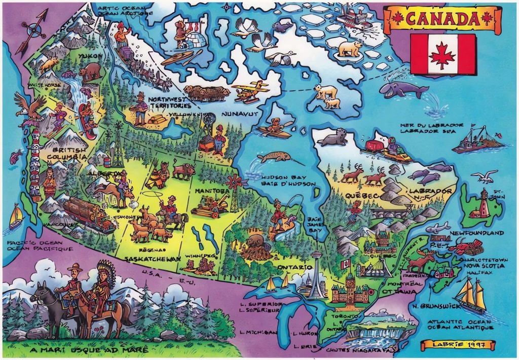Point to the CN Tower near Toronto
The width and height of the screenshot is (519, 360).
[317, 274]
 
